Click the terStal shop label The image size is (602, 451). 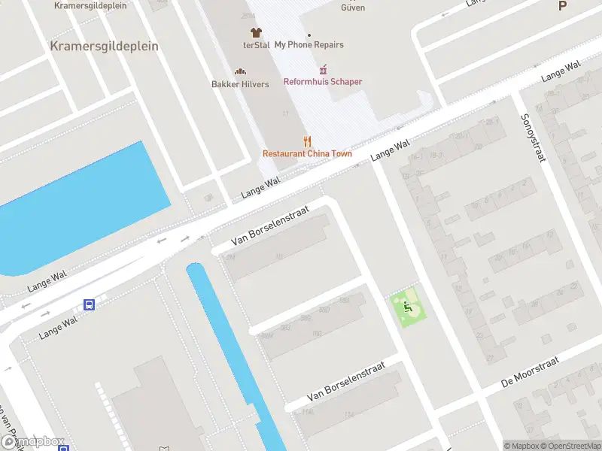tap(257, 45)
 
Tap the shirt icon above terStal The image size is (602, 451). tap(256, 32)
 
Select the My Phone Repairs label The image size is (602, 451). tap(309, 45)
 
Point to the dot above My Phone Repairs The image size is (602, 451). tap(309, 35)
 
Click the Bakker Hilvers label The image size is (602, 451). tap(240, 84)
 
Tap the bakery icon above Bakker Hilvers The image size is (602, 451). tap(240, 71)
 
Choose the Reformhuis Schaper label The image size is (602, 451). tap(323, 81)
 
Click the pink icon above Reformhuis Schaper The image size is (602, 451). tap(323, 69)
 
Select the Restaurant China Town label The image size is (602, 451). tap(307, 154)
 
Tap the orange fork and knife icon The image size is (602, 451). tap(307, 141)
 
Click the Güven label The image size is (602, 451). tap(353, 8)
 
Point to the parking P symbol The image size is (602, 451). tap(561, 6)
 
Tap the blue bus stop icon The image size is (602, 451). tap(89, 304)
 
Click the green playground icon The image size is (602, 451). tap(406, 307)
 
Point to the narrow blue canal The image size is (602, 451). tap(233, 353)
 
